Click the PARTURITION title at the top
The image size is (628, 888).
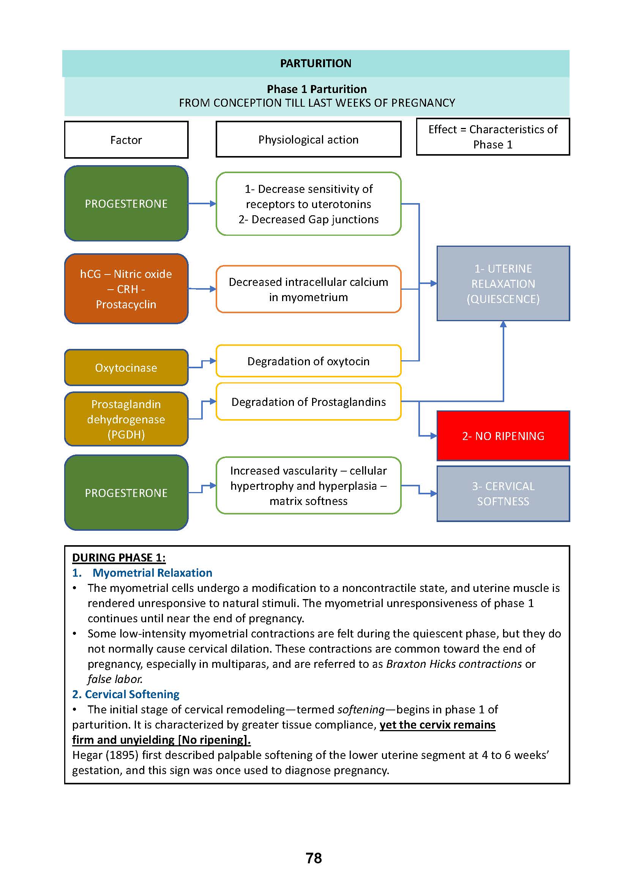point(316,63)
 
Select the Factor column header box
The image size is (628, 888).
point(126,140)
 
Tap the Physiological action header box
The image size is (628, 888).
point(308,139)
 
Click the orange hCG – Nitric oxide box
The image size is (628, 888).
point(126,289)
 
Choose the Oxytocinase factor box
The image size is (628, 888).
point(126,368)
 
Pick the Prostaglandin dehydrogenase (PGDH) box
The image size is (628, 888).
point(126,419)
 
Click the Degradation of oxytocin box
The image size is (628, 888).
point(308,361)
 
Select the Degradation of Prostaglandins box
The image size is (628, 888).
point(308,402)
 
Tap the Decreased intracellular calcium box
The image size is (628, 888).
point(308,289)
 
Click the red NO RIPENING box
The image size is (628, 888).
point(503,436)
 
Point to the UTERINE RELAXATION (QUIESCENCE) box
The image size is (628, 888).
point(503,284)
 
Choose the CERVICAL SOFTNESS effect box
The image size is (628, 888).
point(503,494)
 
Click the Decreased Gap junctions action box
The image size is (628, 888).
point(308,204)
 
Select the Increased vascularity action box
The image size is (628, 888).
point(308,486)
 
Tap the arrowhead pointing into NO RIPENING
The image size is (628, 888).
point(434,436)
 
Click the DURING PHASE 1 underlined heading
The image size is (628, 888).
point(119,557)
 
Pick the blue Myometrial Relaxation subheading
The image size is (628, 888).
point(152,573)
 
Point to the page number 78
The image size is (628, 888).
point(314,858)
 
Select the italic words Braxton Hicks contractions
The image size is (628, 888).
point(454,664)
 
